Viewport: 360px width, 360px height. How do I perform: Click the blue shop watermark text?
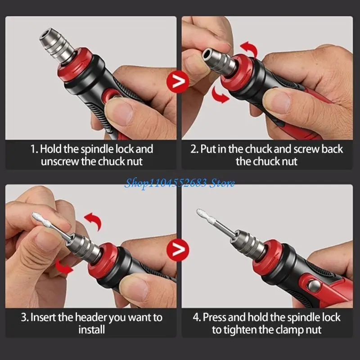pos(179,184)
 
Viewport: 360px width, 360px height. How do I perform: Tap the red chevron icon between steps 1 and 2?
pos(178,81)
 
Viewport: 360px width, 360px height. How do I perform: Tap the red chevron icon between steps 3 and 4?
pos(178,250)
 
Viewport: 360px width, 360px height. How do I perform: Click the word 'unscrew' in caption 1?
pos(60,162)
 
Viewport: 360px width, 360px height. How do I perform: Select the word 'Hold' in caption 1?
pos(51,149)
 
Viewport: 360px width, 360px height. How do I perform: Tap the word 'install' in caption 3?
pos(92,330)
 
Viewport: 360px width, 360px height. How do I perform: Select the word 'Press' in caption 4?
pos(215,317)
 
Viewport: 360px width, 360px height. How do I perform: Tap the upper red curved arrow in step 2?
pos(249,49)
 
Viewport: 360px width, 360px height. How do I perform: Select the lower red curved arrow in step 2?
pos(219,94)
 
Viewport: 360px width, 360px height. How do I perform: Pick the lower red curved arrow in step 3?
pos(63,266)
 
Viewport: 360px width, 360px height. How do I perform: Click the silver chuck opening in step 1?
pos(48,35)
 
